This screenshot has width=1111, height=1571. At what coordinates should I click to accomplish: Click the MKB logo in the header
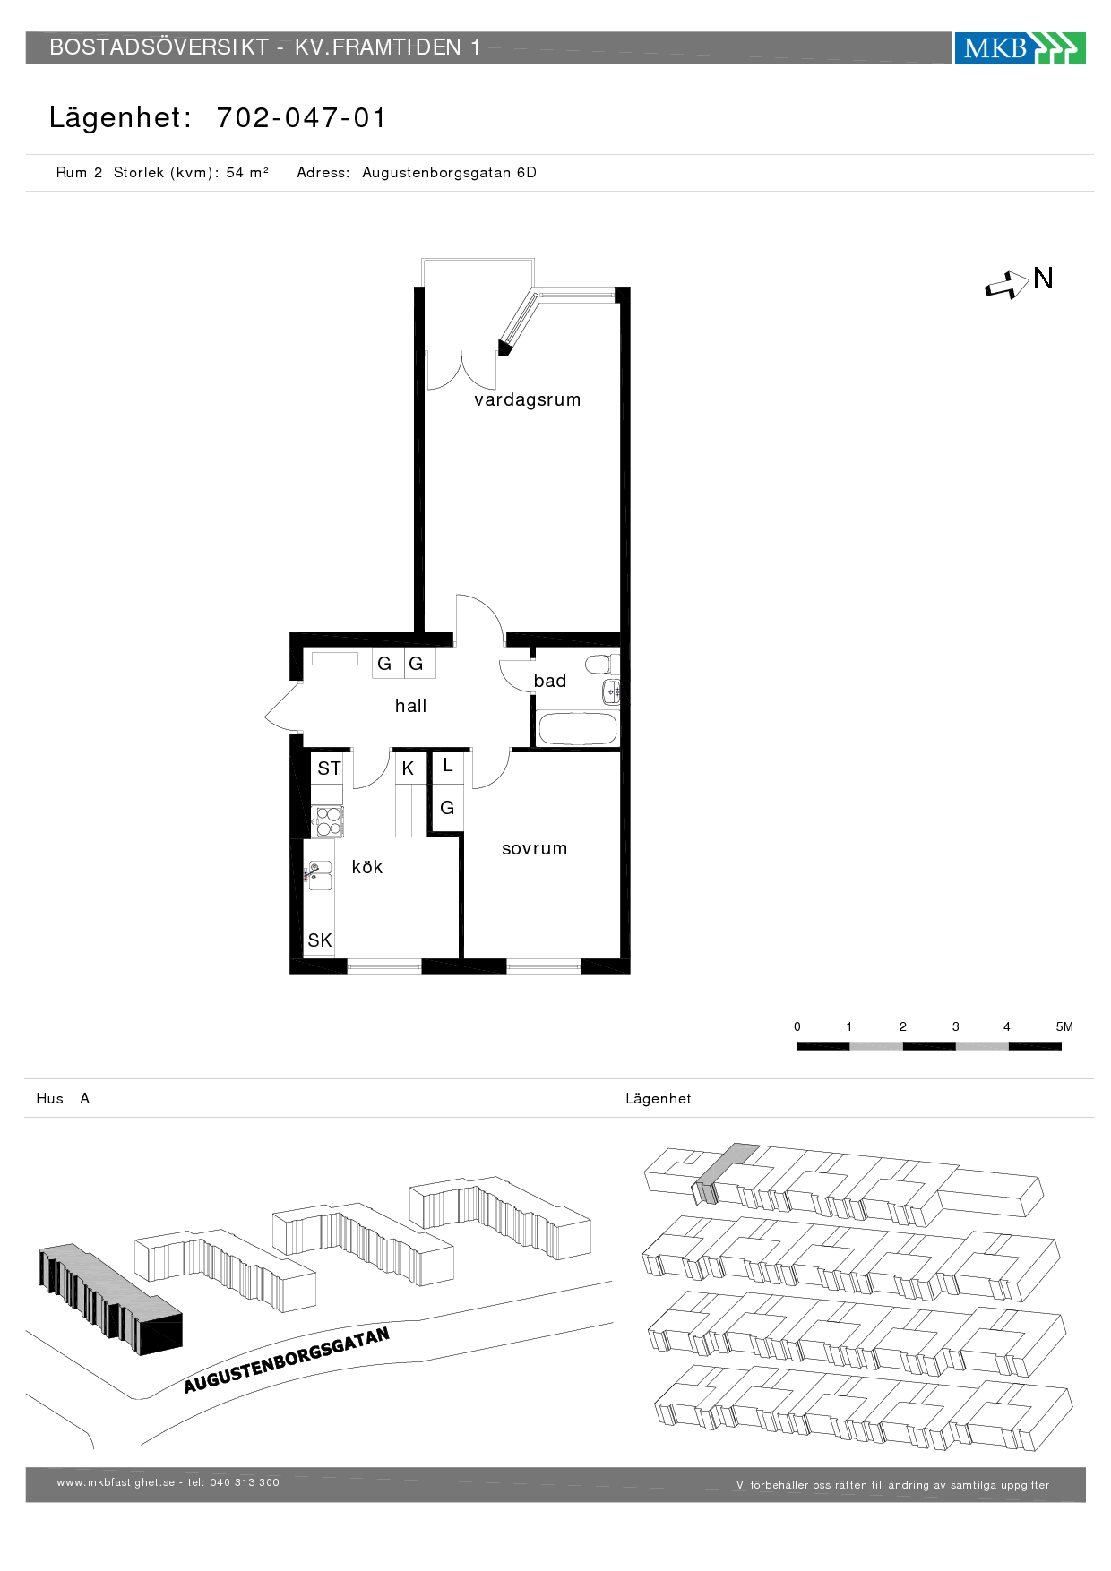pyautogui.click(x=1020, y=47)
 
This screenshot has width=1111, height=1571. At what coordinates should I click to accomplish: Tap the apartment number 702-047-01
pyautogui.click(x=301, y=117)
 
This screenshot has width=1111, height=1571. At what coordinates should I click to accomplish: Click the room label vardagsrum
pyautogui.click(x=528, y=399)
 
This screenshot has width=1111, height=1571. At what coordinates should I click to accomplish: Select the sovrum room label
pyautogui.click(x=534, y=848)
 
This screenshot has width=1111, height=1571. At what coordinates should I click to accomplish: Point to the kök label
pyautogui.click(x=367, y=866)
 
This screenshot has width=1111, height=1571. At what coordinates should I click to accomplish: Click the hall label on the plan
pyautogui.click(x=410, y=706)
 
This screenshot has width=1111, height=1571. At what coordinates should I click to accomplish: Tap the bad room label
pyautogui.click(x=549, y=681)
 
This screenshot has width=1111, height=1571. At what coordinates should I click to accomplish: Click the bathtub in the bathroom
pyautogui.click(x=578, y=729)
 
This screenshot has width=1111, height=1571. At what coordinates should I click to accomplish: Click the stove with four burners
pyautogui.click(x=328, y=821)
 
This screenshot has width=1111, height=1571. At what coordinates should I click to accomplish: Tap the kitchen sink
pyautogui.click(x=319, y=875)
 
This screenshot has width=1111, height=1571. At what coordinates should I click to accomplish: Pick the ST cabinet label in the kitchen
pyautogui.click(x=329, y=768)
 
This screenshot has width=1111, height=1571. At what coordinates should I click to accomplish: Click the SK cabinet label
pyautogui.click(x=320, y=940)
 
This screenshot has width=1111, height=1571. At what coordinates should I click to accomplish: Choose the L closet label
pyautogui.click(x=448, y=766)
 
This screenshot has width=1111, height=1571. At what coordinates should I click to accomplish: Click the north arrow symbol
pyautogui.click(x=1007, y=285)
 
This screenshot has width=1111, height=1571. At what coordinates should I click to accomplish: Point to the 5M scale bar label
pyautogui.click(x=1064, y=1026)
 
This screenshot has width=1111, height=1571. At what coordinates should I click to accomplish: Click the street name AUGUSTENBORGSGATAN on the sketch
pyautogui.click(x=287, y=1361)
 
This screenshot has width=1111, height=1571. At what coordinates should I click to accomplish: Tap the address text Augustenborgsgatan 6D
pyautogui.click(x=449, y=173)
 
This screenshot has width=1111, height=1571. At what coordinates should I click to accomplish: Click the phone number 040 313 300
pyautogui.click(x=245, y=1482)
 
